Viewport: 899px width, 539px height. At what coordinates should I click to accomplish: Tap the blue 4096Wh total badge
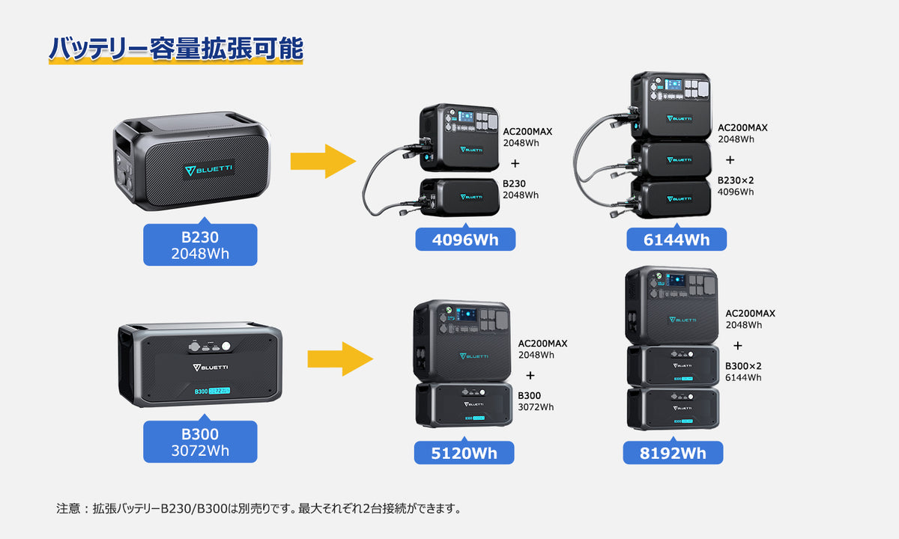(466, 240)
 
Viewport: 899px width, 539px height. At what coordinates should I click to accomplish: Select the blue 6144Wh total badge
(677, 240)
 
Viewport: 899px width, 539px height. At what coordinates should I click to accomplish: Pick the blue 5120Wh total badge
(464, 453)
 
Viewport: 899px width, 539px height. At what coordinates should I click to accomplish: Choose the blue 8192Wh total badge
(673, 453)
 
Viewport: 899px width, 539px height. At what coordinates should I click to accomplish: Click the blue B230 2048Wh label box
(200, 245)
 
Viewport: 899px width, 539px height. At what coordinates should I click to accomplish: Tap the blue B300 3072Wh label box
(200, 442)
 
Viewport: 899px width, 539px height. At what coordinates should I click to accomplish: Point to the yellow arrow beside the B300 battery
(339, 359)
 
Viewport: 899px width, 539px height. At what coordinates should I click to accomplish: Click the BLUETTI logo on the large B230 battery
(209, 169)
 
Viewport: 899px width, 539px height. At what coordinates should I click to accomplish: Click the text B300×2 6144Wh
(743, 371)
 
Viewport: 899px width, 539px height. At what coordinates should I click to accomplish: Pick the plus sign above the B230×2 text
(730, 159)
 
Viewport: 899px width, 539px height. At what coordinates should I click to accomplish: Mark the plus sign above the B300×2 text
(738, 346)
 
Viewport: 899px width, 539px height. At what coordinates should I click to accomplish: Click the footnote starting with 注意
(258, 509)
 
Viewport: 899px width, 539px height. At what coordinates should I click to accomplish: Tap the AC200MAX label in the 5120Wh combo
(543, 344)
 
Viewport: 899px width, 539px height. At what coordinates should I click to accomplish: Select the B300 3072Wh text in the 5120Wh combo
(536, 401)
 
